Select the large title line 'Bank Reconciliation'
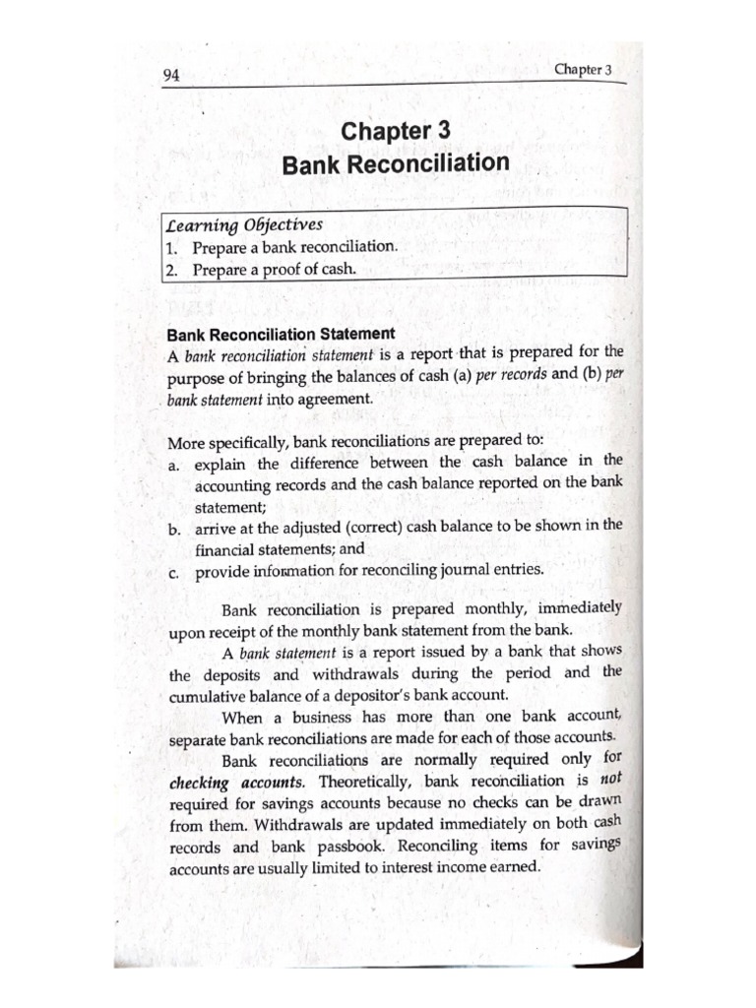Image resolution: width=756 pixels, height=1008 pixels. (x=396, y=163)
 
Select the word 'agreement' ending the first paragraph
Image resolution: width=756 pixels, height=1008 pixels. (x=337, y=399)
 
